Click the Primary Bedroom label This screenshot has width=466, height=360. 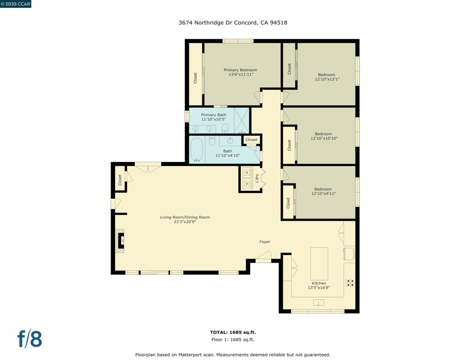(x=240, y=70)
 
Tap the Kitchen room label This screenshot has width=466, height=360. (x=319, y=283)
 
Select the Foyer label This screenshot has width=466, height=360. (x=265, y=242)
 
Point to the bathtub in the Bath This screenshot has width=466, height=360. (x=197, y=150)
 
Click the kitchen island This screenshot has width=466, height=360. (x=319, y=264)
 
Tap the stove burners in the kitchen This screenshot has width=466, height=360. (x=350, y=283)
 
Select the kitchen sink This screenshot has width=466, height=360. (x=318, y=303)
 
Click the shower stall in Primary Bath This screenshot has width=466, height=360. (x=242, y=121)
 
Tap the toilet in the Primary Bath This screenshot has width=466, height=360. (x=225, y=128)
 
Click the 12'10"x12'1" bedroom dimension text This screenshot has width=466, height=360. (x=327, y=79)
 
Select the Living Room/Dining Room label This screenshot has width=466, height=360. (x=185, y=217)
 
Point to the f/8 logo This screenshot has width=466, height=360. (x=30, y=339)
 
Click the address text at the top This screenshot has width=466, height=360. (x=233, y=23)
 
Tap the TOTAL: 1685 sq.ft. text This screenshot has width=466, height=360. (x=233, y=332)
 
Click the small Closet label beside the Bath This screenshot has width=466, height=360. (x=251, y=140)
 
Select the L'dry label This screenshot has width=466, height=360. (x=258, y=178)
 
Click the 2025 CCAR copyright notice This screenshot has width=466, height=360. (x=15, y=4)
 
